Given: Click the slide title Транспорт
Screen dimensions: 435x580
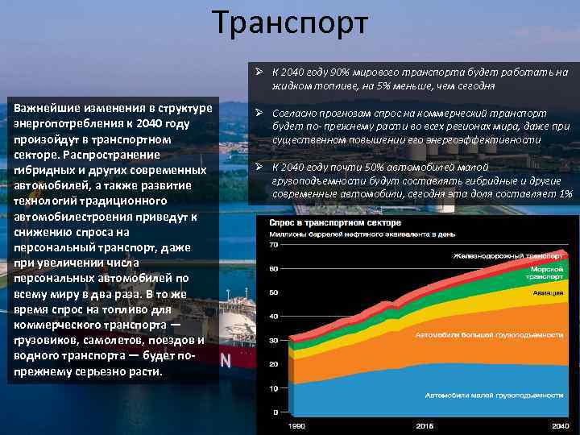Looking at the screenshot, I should [290, 23].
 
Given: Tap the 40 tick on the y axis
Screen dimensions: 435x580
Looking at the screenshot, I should [273, 316].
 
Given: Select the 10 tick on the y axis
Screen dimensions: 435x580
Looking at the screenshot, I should [273, 388].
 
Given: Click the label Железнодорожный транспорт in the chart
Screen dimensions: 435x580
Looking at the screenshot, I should [507, 255].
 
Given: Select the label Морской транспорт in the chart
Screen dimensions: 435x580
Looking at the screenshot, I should [544, 272].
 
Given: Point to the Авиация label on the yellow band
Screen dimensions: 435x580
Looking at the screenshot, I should [547, 292].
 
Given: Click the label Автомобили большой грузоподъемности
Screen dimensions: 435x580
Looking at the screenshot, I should [489, 333].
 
